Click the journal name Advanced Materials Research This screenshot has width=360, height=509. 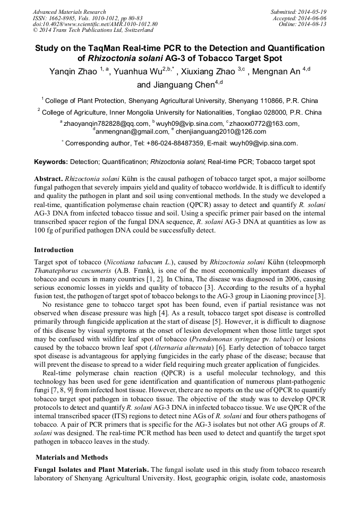(69, 12)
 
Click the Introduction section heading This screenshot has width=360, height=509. (54, 249)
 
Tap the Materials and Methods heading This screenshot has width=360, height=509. (72, 457)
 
